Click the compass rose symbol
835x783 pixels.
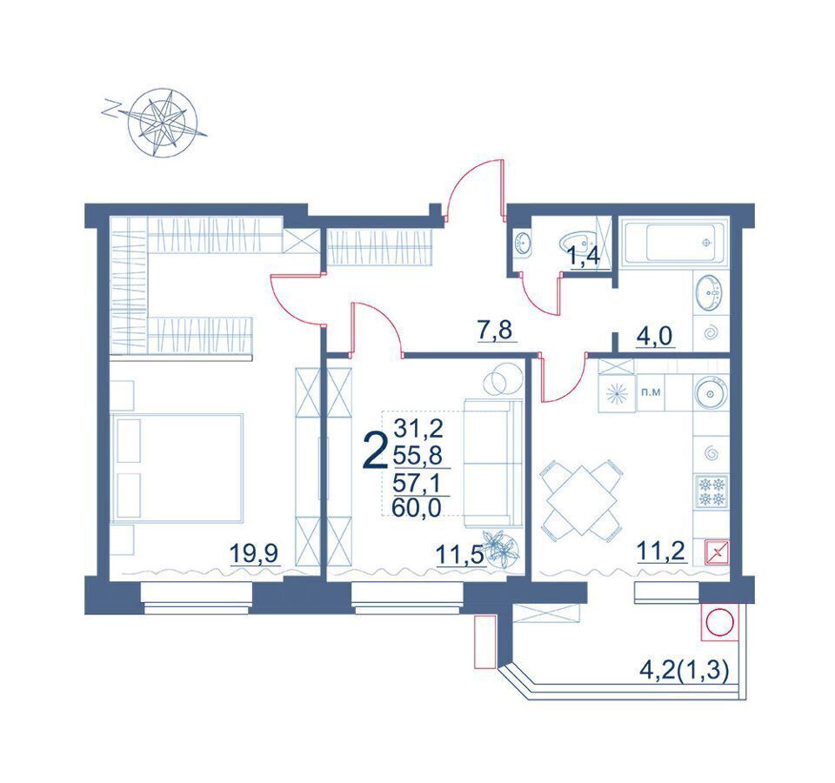pos(162,122)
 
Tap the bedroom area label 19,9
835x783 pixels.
pos(255,554)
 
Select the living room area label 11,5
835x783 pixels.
pos(459,555)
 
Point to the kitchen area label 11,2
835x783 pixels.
pos(661,553)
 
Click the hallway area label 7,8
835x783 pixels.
pos(495,331)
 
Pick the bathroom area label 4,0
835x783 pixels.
pos(654,336)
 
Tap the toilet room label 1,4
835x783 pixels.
pos(585,256)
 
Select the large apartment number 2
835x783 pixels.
pos(374,451)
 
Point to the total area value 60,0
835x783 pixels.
pos(417,507)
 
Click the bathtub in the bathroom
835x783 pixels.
pos(676,242)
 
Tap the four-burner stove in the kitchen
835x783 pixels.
pos(711,492)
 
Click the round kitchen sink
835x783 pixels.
pos(711,393)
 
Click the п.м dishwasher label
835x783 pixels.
pos(651,392)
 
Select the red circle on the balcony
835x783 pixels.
pos(719,623)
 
